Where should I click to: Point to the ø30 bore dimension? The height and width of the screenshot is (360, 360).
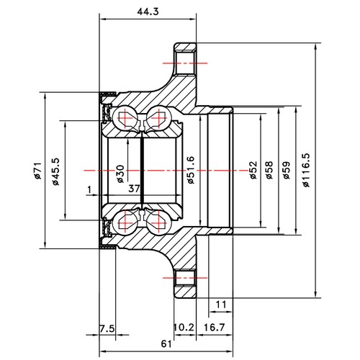(x=119, y=174)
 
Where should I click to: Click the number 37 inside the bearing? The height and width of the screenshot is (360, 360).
(x=133, y=189)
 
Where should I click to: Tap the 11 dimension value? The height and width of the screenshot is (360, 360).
(x=221, y=305)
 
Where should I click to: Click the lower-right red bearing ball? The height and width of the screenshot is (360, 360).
(x=159, y=225)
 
